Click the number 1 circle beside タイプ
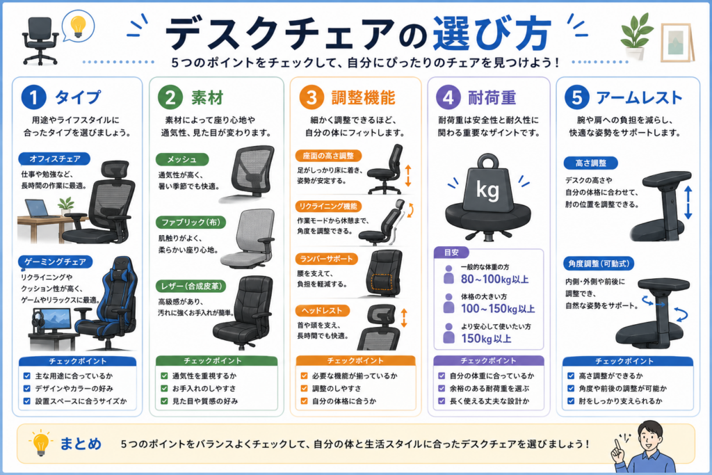click(x=34, y=97)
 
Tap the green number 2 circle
click(x=170, y=97)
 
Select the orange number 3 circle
click(x=311, y=97)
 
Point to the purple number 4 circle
click(x=448, y=97)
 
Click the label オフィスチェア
click(x=54, y=159)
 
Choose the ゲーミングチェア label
click(x=56, y=262)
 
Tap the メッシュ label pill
click(x=181, y=159)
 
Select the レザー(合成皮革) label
click(x=191, y=286)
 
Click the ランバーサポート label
click(x=327, y=259)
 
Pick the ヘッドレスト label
click(x=322, y=311)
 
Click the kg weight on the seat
click(x=487, y=184)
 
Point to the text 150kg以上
click(x=486, y=339)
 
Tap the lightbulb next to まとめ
click(x=40, y=443)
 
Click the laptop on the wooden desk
click(x=39, y=209)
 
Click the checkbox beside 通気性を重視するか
click(x=164, y=376)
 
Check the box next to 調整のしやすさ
click(x=304, y=388)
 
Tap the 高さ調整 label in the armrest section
click(x=591, y=163)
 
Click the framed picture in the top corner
click(x=677, y=42)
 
